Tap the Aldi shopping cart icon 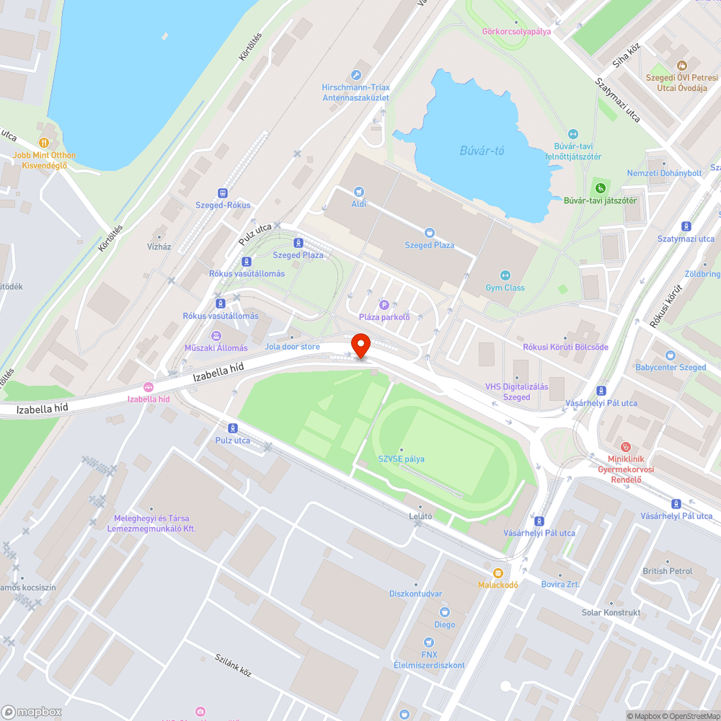[359, 192]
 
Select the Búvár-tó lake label [482, 151]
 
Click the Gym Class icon [505, 275]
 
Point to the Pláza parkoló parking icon [384, 305]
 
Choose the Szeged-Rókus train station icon [223, 193]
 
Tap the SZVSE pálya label [401, 459]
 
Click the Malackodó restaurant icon [497, 572]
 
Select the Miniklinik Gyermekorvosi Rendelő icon [626, 447]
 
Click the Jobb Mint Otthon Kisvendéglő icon [44, 143]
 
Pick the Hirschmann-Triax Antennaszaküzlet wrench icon [355, 75]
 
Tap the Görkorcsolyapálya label [516, 31]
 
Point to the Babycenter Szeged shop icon [671, 355]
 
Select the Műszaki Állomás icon [216, 335]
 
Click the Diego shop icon [444, 612]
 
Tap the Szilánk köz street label [233, 666]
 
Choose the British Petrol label [667, 571]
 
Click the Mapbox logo [32, 712]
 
